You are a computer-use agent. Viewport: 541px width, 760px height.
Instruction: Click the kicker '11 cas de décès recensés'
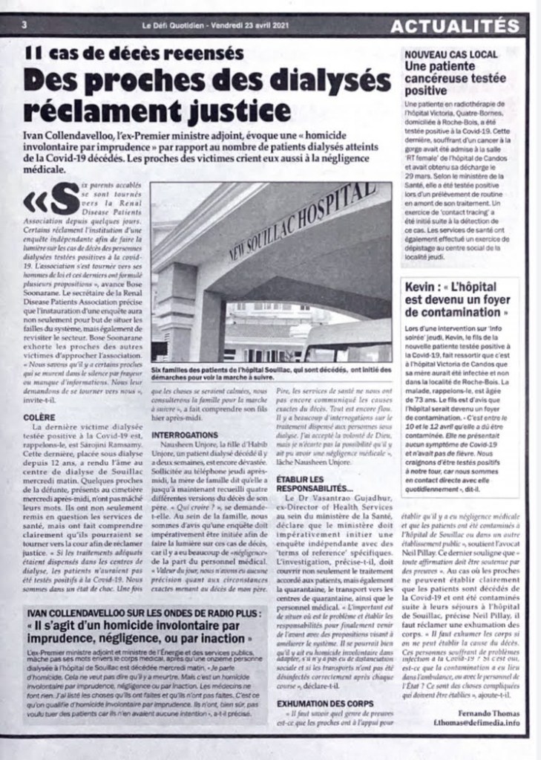click(x=134, y=54)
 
